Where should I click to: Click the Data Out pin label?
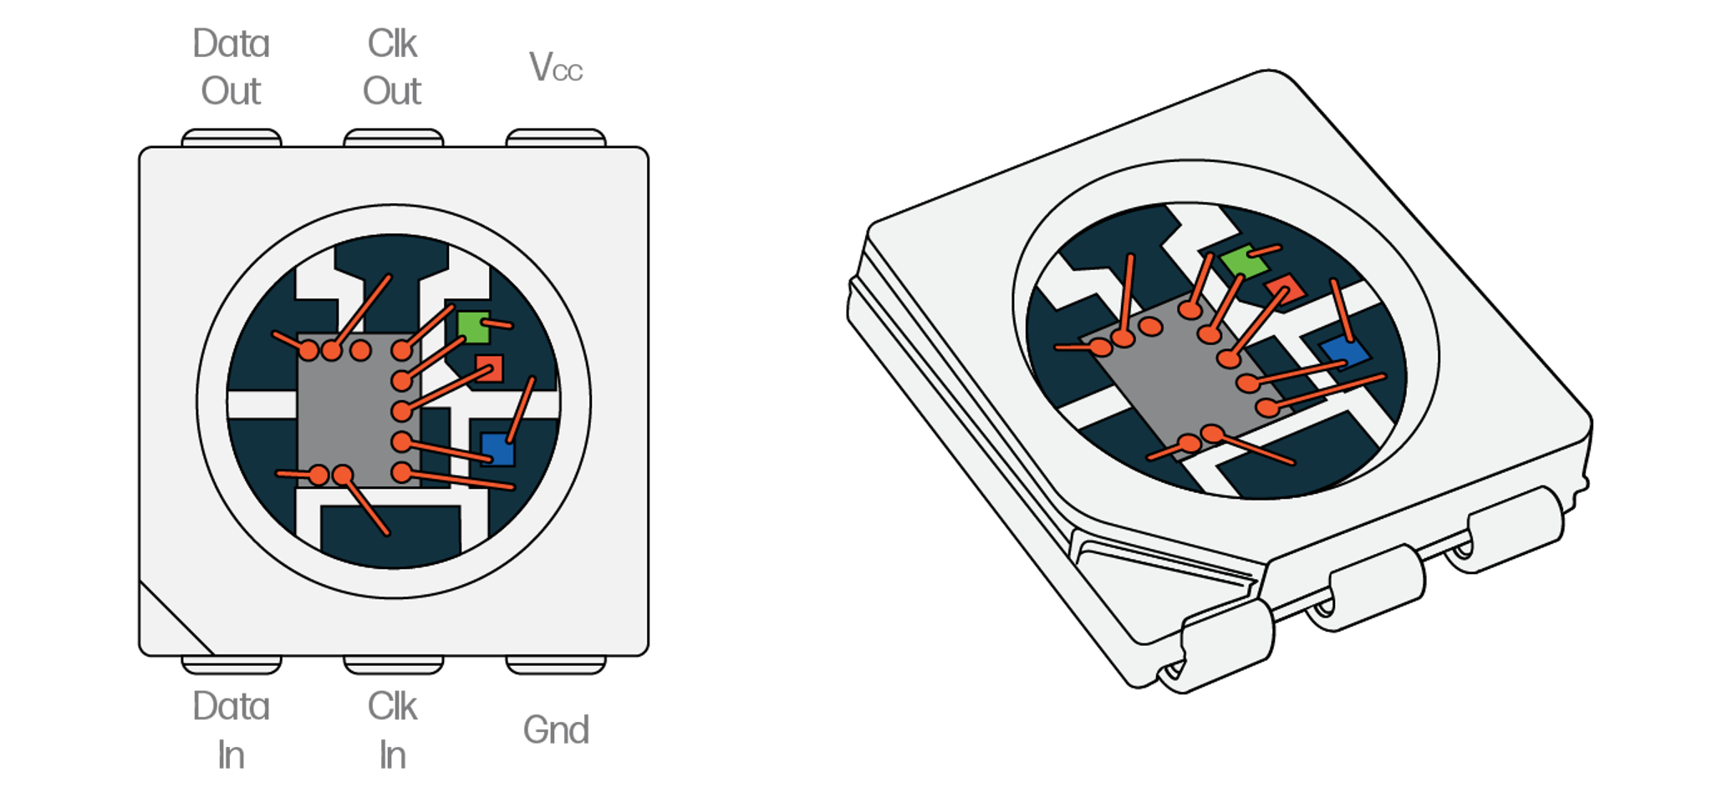click(x=231, y=67)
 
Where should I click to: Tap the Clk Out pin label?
click(x=392, y=67)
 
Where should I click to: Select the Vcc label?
click(x=556, y=67)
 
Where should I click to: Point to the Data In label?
click(x=231, y=730)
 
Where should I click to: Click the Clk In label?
click(x=392, y=730)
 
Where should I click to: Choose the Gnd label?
click(x=556, y=730)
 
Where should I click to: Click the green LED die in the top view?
click(x=473, y=327)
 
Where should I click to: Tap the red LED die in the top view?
click(x=489, y=368)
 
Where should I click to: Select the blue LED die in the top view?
click(x=497, y=449)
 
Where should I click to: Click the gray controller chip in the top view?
click(x=347, y=411)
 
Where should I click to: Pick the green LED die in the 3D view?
click(x=1244, y=262)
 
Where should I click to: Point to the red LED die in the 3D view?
click(x=1285, y=288)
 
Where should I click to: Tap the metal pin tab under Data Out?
click(x=232, y=138)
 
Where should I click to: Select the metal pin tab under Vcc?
click(x=556, y=138)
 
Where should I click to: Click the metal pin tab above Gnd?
click(x=556, y=665)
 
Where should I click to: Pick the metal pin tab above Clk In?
click(x=394, y=665)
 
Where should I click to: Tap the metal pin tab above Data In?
click(x=232, y=665)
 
